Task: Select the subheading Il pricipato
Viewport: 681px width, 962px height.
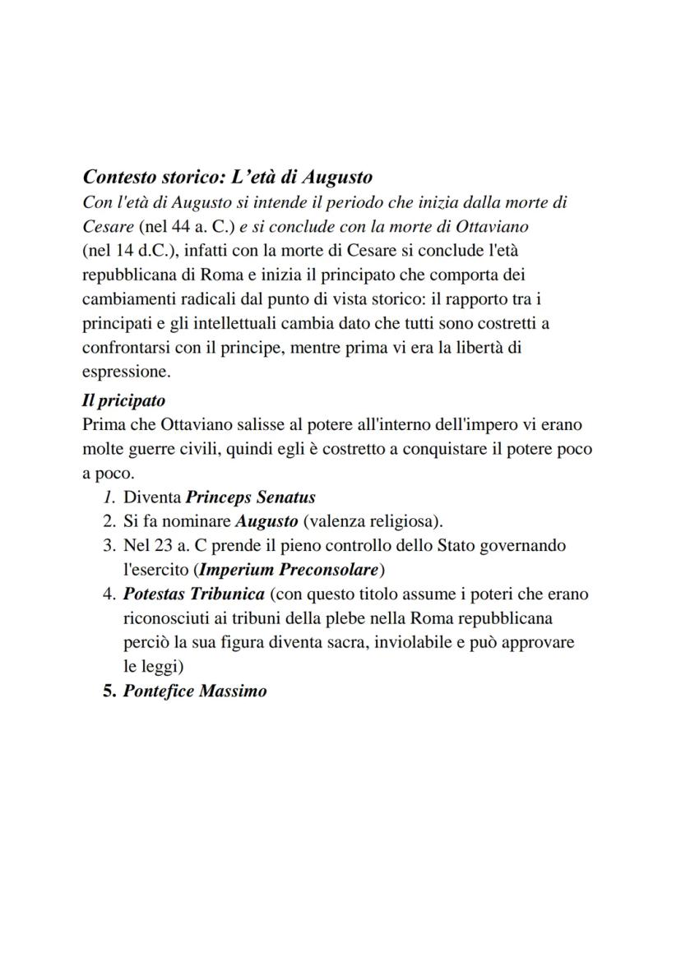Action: pyautogui.click(x=123, y=400)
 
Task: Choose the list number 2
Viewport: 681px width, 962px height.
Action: pyautogui.click(x=108, y=521)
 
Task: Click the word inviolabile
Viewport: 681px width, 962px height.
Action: pyautogui.click(x=438, y=642)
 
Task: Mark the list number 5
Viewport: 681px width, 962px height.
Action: pyautogui.click(x=108, y=691)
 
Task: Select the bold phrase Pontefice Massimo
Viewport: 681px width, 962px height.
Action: pyautogui.click(x=195, y=691)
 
